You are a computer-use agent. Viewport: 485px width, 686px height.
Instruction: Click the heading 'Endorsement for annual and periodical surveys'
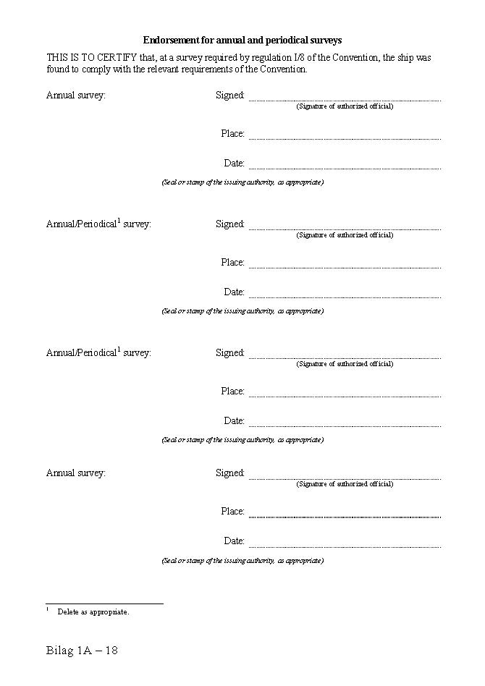point(242,41)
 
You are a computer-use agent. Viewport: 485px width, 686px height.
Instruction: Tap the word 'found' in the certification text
point(57,69)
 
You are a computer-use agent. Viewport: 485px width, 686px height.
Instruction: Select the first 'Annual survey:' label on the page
point(76,95)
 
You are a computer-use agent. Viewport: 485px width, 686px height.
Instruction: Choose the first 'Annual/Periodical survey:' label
point(98,224)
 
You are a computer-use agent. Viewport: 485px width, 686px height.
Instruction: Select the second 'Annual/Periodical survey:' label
point(98,352)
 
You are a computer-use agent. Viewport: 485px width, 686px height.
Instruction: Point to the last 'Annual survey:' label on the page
point(76,473)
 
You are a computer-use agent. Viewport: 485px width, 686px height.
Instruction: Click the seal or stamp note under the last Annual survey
point(242,561)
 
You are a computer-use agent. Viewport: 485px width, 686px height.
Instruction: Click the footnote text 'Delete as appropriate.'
point(93,612)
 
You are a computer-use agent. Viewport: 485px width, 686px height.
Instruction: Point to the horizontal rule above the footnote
point(104,603)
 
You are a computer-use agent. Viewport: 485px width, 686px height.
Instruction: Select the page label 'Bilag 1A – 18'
point(82,651)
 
